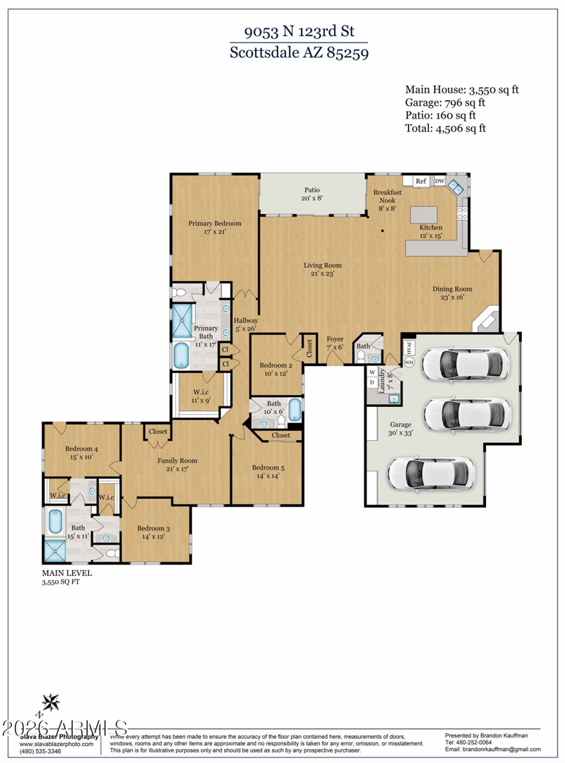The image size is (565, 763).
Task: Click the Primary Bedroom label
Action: pos(215,227)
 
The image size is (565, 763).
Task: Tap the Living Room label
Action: pos(323,270)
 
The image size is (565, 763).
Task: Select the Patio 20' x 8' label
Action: pos(312,194)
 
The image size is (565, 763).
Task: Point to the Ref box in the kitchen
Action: pos(421,182)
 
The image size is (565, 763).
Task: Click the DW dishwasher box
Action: pos(439,182)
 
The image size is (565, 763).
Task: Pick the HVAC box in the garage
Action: pos(408,347)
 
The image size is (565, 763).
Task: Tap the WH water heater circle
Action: pos(408,362)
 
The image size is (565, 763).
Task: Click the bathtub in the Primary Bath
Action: pos(182,355)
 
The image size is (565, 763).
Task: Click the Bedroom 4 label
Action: pos(81,453)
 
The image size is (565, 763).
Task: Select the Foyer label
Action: pos(335,343)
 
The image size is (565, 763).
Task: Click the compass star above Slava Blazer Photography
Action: pos(50,702)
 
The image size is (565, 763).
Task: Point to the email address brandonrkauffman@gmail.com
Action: pos(492,750)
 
